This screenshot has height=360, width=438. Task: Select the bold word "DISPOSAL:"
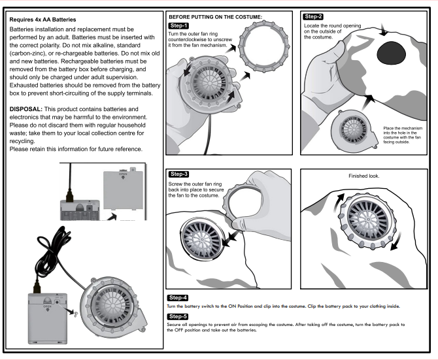coord(29,108)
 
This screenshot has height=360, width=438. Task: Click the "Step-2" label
coord(314,15)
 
